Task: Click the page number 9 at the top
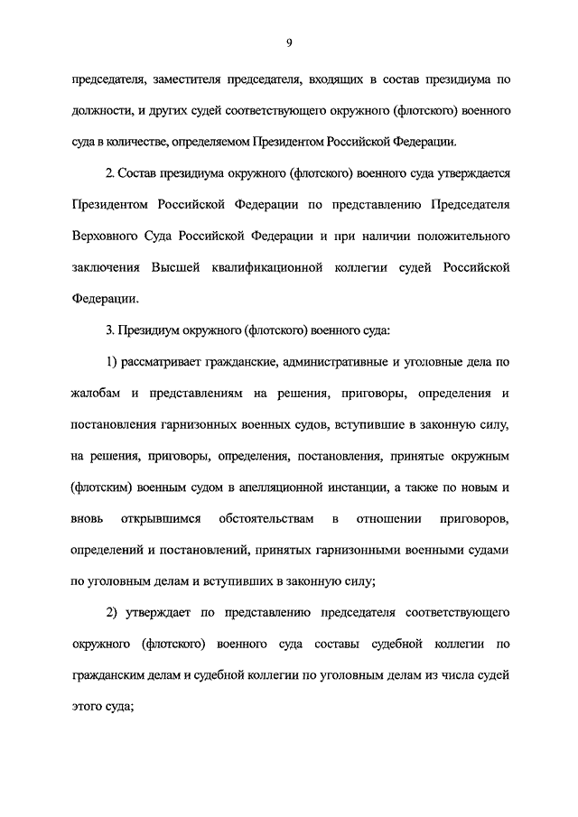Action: pos(289,43)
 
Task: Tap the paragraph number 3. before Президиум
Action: pos(112,330)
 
